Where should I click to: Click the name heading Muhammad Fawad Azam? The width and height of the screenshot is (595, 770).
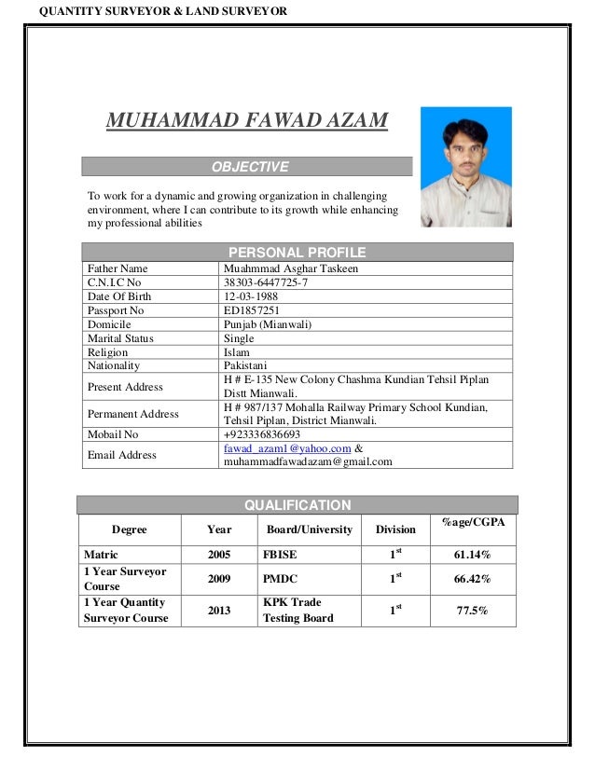pos(247,121)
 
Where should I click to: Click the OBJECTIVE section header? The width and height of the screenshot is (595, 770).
pos(249,167)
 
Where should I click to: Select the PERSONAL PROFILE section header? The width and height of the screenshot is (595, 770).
pos(297,252)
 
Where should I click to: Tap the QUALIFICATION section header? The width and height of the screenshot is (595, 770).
pos(297,505)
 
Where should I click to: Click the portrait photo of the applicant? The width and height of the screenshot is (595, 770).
pos(465,167)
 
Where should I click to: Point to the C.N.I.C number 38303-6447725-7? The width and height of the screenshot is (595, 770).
pos(266,282)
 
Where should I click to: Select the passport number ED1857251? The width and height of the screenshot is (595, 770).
pos(252,310)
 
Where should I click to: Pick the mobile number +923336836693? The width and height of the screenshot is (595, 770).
pos(262,434)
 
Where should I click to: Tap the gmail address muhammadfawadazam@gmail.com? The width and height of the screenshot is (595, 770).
pos(308,461)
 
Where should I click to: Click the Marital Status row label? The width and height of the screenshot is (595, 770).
pos(120,338)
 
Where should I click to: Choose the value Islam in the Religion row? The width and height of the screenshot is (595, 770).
pos(237,352)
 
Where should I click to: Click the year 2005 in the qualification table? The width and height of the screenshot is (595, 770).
pos(219,556)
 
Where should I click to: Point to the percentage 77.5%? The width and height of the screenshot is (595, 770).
pos(472,611)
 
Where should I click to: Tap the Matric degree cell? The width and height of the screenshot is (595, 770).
pos(101,556)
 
